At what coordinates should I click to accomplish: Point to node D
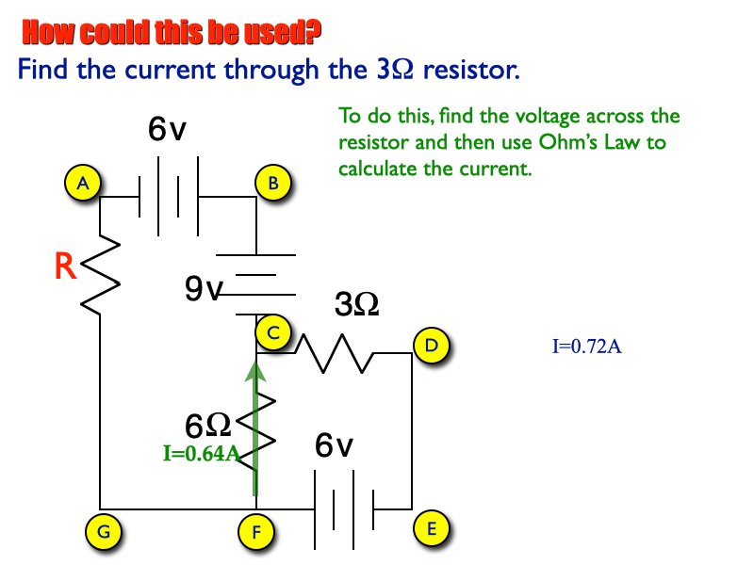(x=431, y=345)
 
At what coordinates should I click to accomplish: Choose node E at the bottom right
(x=432, y=528)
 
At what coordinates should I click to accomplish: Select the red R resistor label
(x=64, y=267)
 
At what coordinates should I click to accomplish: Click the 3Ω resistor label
(x=357, y=305)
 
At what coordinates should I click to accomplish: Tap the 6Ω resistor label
(x=208, y=427)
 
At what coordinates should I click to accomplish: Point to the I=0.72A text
(x=586, y=347)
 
